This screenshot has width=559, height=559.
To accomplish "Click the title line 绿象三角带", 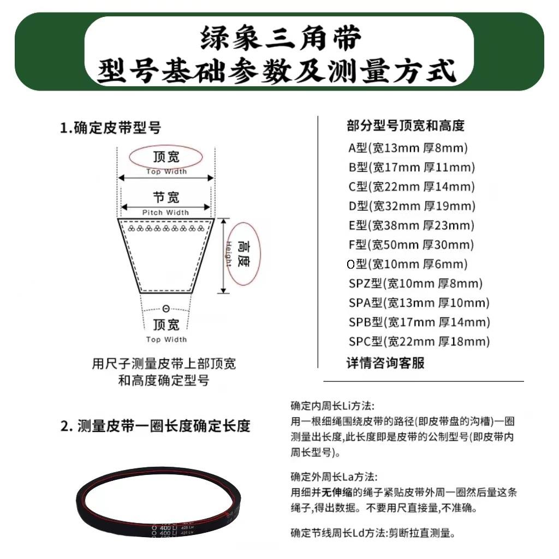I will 280,40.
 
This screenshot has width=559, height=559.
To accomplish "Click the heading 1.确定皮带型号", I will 111,128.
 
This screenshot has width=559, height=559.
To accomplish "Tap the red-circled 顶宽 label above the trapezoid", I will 166,157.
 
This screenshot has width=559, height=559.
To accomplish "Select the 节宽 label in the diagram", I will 166,197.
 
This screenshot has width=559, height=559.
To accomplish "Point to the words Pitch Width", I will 166,212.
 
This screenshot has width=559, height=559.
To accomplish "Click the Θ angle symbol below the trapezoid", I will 166,309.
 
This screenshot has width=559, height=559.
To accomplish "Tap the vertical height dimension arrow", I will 223,255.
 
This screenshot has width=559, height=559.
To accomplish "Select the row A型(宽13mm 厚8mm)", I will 408,147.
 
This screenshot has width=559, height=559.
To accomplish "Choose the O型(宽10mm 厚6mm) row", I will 407,264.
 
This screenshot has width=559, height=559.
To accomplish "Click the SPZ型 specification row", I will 415,283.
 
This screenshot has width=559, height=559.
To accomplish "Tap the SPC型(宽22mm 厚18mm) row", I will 419,342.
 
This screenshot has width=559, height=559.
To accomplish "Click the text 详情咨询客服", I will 385,362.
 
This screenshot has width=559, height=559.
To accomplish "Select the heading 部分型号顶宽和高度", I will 405,126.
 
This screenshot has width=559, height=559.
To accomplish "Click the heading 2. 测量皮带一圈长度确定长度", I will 156,426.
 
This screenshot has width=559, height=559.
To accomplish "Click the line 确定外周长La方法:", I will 334,477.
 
